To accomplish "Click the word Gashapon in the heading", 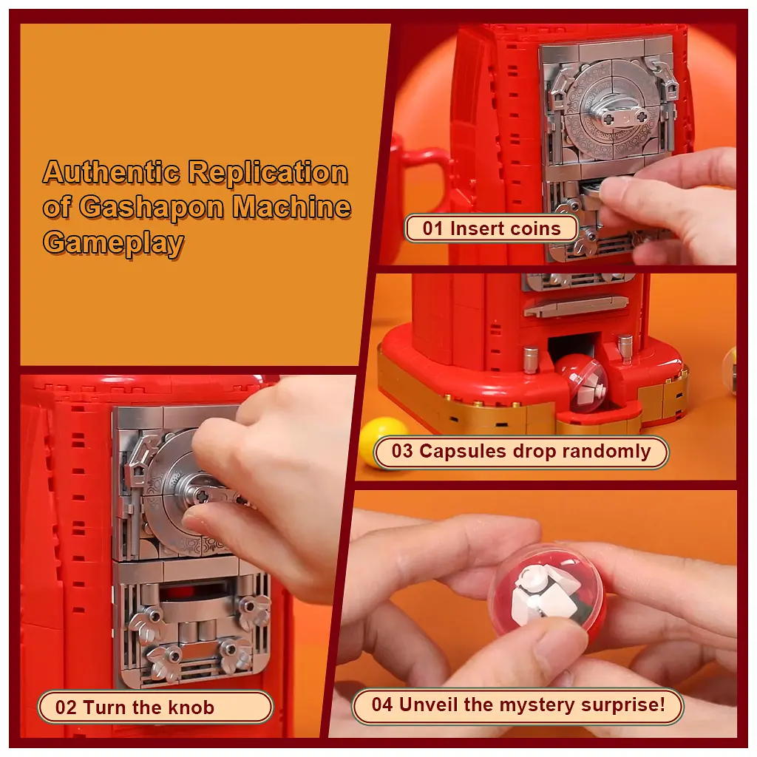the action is coord(151,208).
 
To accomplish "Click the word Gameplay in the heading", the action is coord(113,242).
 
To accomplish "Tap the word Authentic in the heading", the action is coord(111,172).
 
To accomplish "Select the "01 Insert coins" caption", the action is coord(492,228).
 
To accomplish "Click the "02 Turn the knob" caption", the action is coord(155,707).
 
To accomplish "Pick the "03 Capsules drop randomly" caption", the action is coord(521,452).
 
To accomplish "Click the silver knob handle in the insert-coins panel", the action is coord(620,115).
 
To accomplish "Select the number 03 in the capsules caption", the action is coord(402,452).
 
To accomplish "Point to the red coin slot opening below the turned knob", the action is coord(192,592).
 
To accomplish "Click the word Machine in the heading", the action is coord(291,207).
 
